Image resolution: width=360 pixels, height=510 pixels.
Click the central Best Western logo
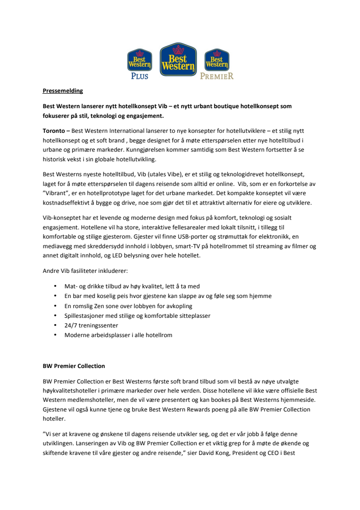pyautogui.click(x=178, y=60)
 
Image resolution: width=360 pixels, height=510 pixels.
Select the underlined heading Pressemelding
pyautogui.click(x=63, y=90)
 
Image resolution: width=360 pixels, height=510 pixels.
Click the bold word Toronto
pyautogui.click(x=54, y=131)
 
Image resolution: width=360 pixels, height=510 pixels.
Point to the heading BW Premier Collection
pyautogui.click(x=73, y=366)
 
